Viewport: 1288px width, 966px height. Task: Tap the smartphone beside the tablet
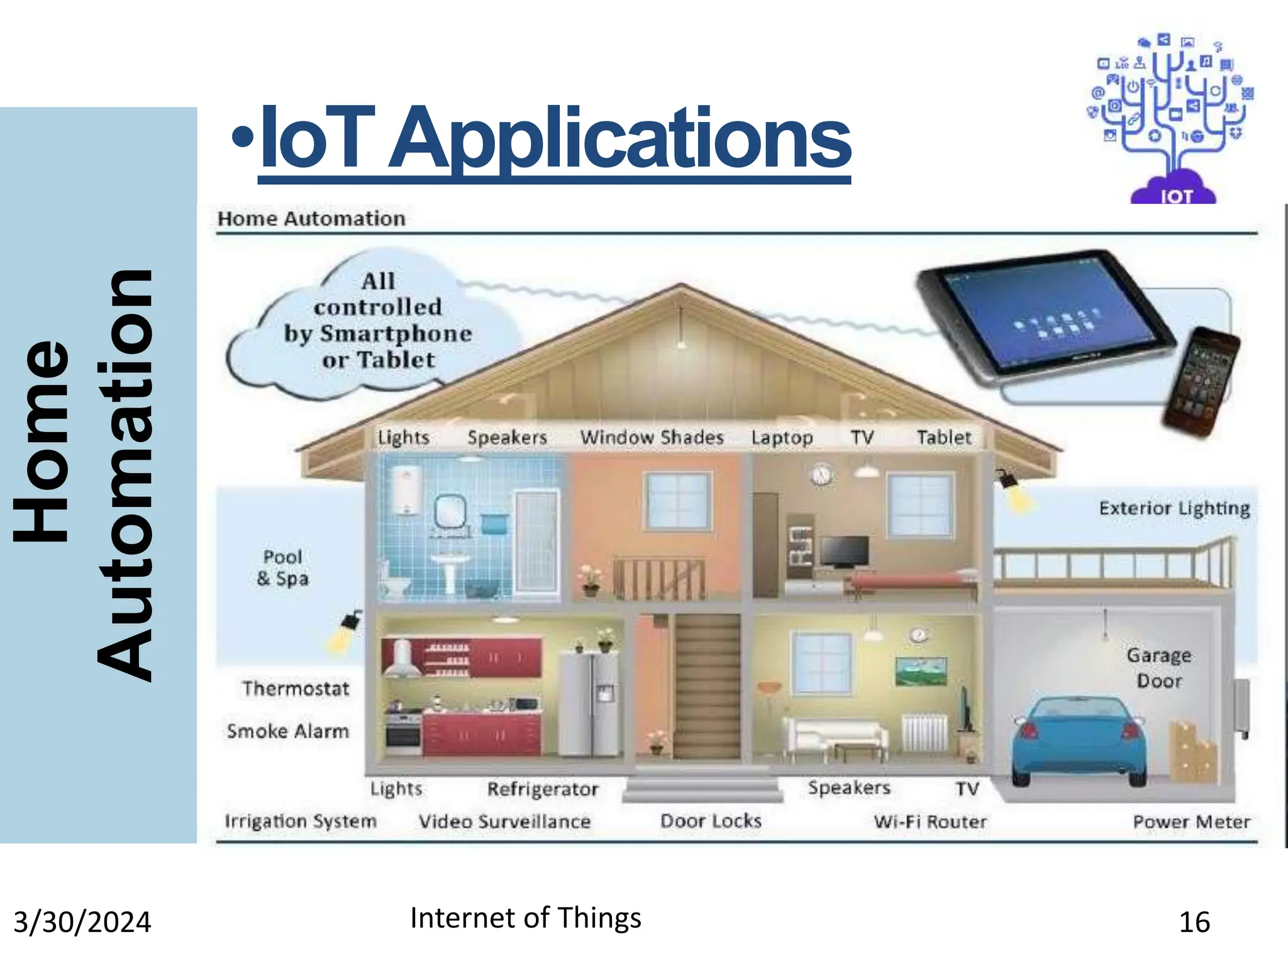[1201, 381]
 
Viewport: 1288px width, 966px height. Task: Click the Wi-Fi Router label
[930, 821]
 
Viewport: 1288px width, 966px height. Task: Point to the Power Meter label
[1191, 821]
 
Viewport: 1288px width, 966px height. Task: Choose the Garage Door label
[1159, 668]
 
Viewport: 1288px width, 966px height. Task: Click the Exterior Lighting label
[1174, 508]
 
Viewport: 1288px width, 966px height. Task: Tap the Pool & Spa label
[283, 567]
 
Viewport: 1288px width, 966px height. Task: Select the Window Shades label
[652, 437]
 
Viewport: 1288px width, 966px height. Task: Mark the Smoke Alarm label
[288, 731]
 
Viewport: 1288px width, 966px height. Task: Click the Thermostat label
[296, 689]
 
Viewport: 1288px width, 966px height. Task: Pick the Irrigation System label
[301, 821]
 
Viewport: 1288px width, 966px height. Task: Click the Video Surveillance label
[504, 821]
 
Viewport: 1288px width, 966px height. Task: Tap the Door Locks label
[711, 821]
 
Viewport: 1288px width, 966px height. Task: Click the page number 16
[1194, 923]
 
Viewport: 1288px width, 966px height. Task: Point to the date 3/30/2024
[82, 923]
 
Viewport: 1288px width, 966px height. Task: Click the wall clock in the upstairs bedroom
[821, 474]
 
